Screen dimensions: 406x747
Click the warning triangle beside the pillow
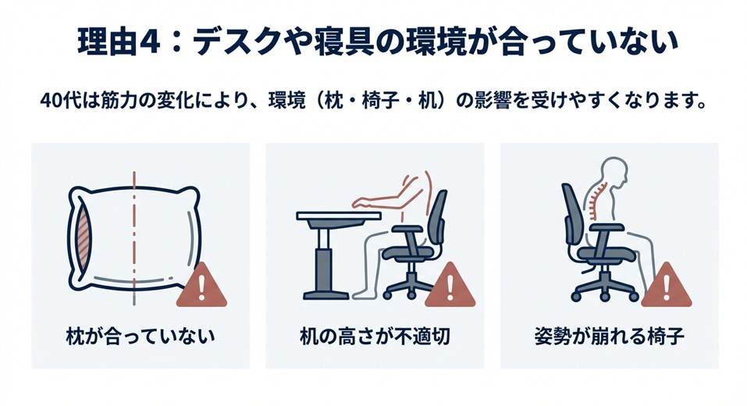tap(201, 287)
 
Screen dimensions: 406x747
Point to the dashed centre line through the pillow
tap(136, 234)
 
